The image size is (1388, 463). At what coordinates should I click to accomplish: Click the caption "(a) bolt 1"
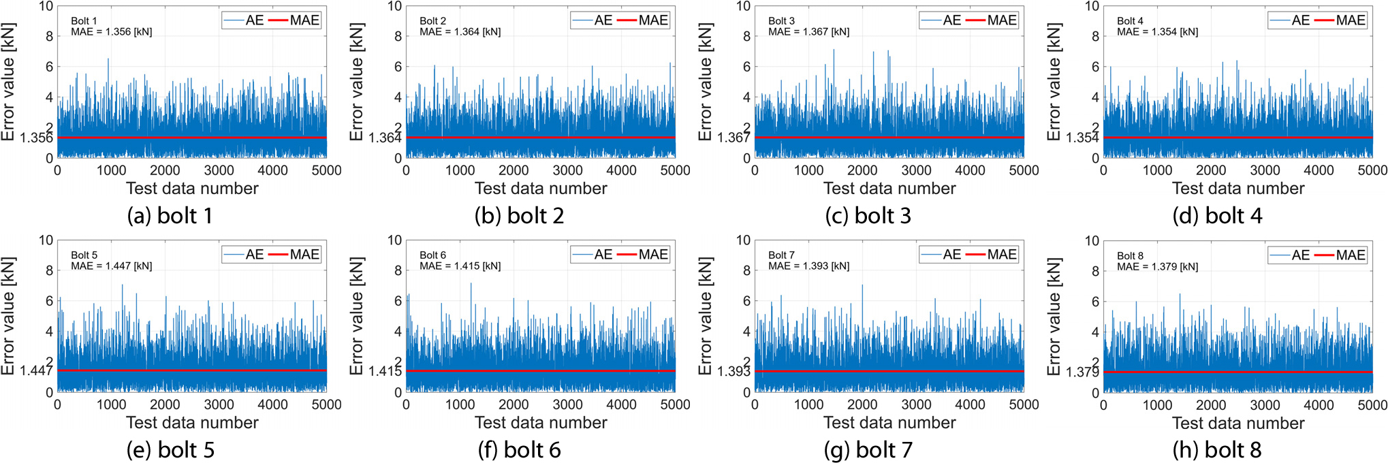coord(170,216)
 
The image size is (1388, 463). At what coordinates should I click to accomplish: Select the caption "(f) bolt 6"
coord(519,450)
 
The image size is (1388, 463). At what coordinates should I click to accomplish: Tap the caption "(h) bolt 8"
coord(1217,450)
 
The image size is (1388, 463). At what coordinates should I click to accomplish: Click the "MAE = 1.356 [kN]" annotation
coord(112,32)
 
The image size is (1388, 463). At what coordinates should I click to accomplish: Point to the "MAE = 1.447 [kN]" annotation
coord(112,266)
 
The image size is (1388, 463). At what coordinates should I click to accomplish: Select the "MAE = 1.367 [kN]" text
coord(809,32)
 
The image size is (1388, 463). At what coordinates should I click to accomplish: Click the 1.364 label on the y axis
coord(385,138)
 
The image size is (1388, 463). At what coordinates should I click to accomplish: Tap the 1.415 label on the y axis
coord(385,371)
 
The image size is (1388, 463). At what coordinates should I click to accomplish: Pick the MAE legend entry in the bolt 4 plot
coord(1339,20)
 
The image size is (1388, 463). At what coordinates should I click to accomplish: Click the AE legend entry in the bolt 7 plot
coord(941,255)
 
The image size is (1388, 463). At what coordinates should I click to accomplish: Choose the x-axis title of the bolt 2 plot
coord(541,189)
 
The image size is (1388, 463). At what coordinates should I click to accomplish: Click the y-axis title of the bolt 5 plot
coord(8,316)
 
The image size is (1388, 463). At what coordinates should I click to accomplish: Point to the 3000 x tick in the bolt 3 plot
coord(916,170)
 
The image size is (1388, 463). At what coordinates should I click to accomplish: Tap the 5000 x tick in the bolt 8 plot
coord(1372,405)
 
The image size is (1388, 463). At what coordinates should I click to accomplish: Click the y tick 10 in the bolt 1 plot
coord(46,6)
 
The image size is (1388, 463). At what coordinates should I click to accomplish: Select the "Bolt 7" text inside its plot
coord(781,255)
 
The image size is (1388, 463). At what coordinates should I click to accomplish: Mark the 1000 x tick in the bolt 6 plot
coord(460,404)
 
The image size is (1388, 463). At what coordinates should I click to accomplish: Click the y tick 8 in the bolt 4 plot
coord(1095,36)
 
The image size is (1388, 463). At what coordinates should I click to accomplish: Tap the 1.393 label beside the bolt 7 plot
coord(734,372)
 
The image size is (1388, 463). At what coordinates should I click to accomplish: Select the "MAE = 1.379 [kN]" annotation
coord(1158,267)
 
